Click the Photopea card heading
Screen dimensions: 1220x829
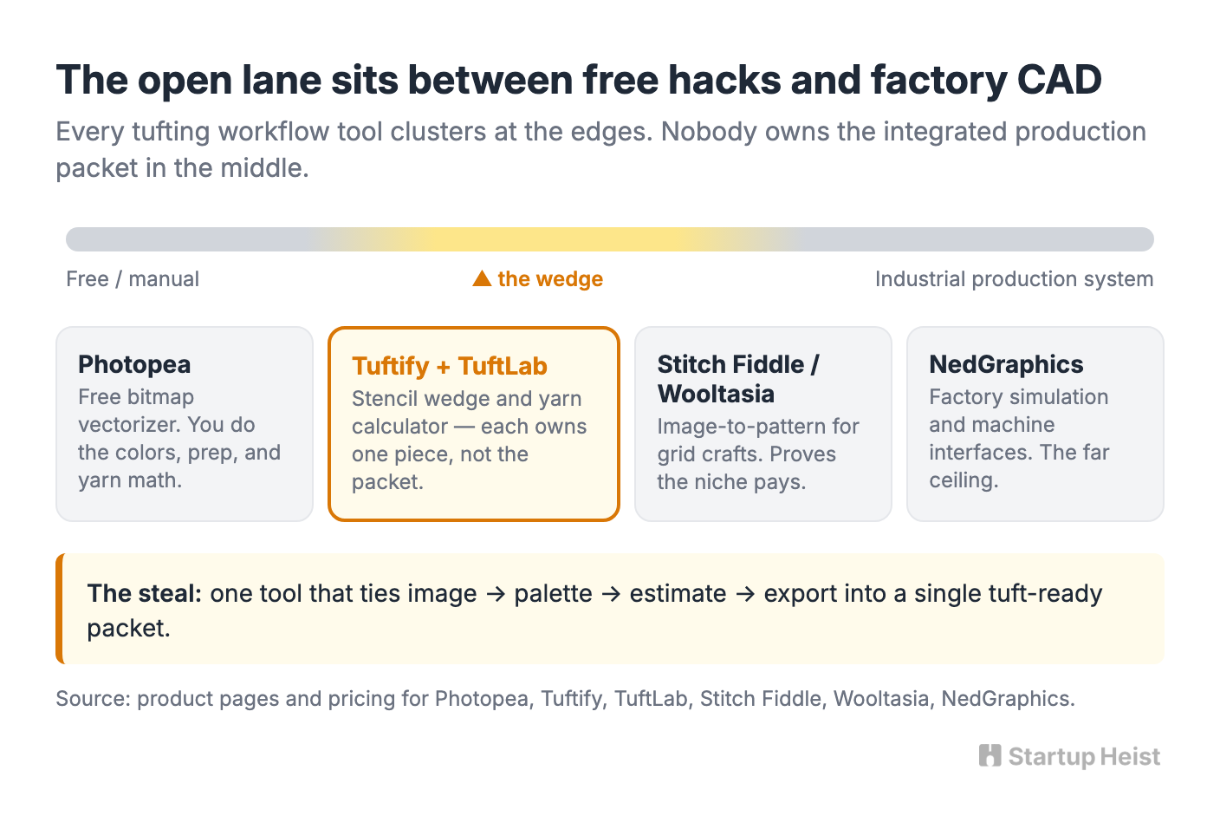(x=134, y=365)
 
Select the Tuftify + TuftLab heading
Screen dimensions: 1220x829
(x=450, y=366)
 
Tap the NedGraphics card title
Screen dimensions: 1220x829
(x=1006, y=365)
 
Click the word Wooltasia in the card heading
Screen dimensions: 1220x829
(x=716, y=394)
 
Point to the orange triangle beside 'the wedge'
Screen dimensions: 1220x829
(x=482, y=278)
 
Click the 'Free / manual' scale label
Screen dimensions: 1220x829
(x=133, y=279)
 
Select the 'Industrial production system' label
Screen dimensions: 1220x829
(x=1014, y=279)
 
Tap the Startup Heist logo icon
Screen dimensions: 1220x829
(x=990, y=756)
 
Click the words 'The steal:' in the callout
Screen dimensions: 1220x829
(x=145, y=593)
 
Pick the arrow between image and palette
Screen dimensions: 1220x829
(x=496, y=594)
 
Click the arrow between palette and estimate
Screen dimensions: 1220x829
(x=611, y=594)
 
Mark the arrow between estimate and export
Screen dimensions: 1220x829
(x=745, y=594)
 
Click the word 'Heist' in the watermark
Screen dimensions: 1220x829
(x=1130, y=756)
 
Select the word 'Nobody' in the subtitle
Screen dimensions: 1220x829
(x=709, y=133)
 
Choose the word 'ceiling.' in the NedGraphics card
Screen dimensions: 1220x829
(x=964, y=480)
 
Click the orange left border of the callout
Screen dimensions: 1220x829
(x=60, y=608)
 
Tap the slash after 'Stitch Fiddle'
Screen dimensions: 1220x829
(x=814, y=365)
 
